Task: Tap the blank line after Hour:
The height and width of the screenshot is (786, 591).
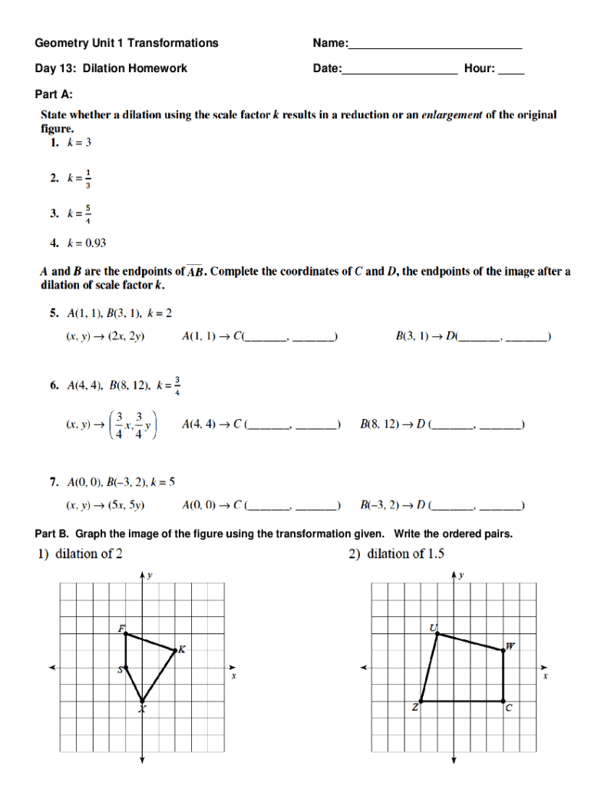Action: pos(511,71)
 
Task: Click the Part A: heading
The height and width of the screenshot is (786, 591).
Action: pos(54,94)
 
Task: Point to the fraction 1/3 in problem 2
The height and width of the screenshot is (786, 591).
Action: pos(88,178)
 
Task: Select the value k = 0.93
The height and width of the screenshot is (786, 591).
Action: pos(86,244)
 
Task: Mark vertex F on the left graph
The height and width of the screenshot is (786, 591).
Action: pos(126,633)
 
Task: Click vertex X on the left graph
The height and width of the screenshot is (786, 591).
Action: pos(143,701)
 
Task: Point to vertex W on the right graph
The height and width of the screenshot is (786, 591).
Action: pos(504,650)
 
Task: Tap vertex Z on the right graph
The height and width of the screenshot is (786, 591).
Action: pos(421,701)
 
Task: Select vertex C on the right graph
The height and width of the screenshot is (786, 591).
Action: pos(504,701)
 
